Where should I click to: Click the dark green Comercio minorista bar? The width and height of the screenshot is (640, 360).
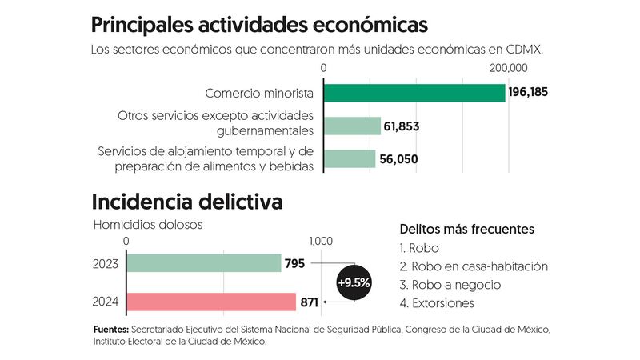coord(414,93)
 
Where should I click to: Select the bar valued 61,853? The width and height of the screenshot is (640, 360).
coord(352,126)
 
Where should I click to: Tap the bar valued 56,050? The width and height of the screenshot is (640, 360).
coord(350,158)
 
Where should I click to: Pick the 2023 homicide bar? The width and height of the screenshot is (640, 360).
coord(204,263)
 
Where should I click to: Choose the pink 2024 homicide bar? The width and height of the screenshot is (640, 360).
coord(211,302)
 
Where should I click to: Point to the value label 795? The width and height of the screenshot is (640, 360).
coord(294,263)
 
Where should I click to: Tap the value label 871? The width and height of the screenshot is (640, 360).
coord(310,302)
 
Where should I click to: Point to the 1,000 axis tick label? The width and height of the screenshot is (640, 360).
coord(320,241)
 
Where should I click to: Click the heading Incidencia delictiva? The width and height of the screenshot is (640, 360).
coord(187,202)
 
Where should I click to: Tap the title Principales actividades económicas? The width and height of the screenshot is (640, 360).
coord(259,24)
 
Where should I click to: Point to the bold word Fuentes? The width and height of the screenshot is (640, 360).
coord(110,329)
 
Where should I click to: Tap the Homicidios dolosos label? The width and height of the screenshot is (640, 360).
coord(148,225)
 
